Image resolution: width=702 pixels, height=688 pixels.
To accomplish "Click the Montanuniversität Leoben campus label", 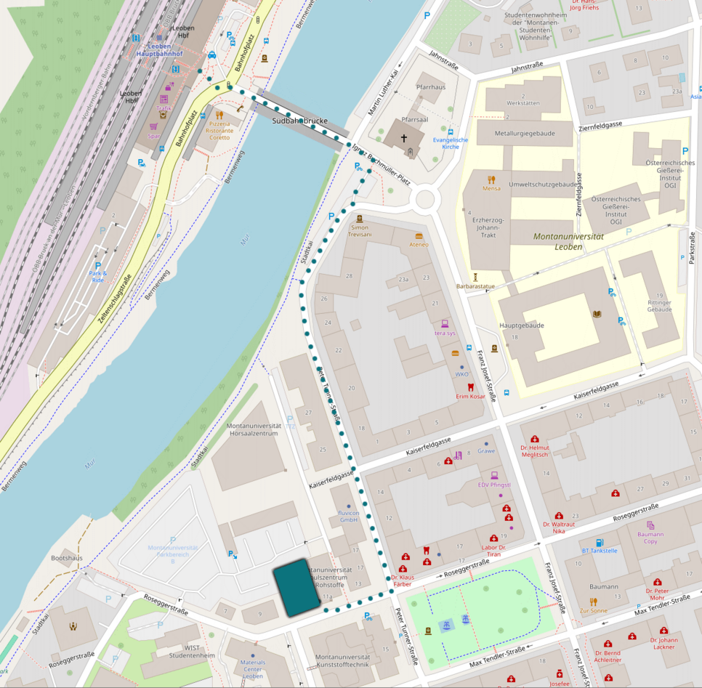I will tap(568, 241).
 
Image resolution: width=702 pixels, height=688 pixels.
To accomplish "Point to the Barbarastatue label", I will tap(475, 286).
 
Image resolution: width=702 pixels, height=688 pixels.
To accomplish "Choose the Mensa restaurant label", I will tap(491, 189).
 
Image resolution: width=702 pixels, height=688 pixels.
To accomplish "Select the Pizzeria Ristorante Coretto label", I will tap(219, 131).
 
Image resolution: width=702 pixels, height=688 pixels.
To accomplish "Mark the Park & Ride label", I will tap(98, 277).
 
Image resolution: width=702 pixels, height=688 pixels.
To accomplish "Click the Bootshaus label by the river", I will tap(66, 558).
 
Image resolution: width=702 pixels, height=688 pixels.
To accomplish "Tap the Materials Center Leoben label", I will tap(252, 669).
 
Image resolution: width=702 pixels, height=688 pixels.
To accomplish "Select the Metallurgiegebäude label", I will tap(525, 134).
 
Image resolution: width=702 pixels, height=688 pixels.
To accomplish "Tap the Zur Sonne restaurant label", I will tap(593, 610).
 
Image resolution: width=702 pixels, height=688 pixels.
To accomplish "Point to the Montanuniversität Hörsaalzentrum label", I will tap(253, 429).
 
